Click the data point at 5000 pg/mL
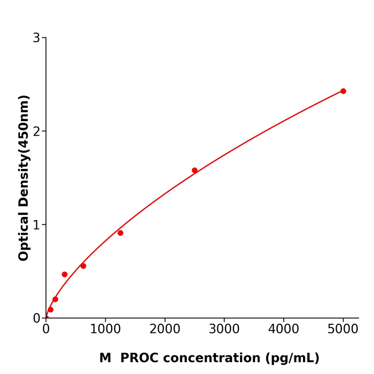point(343,91)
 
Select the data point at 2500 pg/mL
point(194,170)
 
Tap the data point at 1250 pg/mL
point(120,233)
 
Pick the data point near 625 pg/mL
point(83,266)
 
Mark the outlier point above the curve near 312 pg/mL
point(65,275)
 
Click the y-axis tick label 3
point(36,38)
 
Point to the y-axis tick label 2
point(36,131)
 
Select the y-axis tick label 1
point(36,225)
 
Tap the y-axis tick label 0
point(36,318)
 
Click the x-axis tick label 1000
point(105,329)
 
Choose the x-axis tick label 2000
point(165,329)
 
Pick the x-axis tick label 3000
point(224,329)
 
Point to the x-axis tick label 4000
point(283,329)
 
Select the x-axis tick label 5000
point(343,329)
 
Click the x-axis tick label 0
point(46,329)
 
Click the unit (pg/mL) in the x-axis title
point(293,359)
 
